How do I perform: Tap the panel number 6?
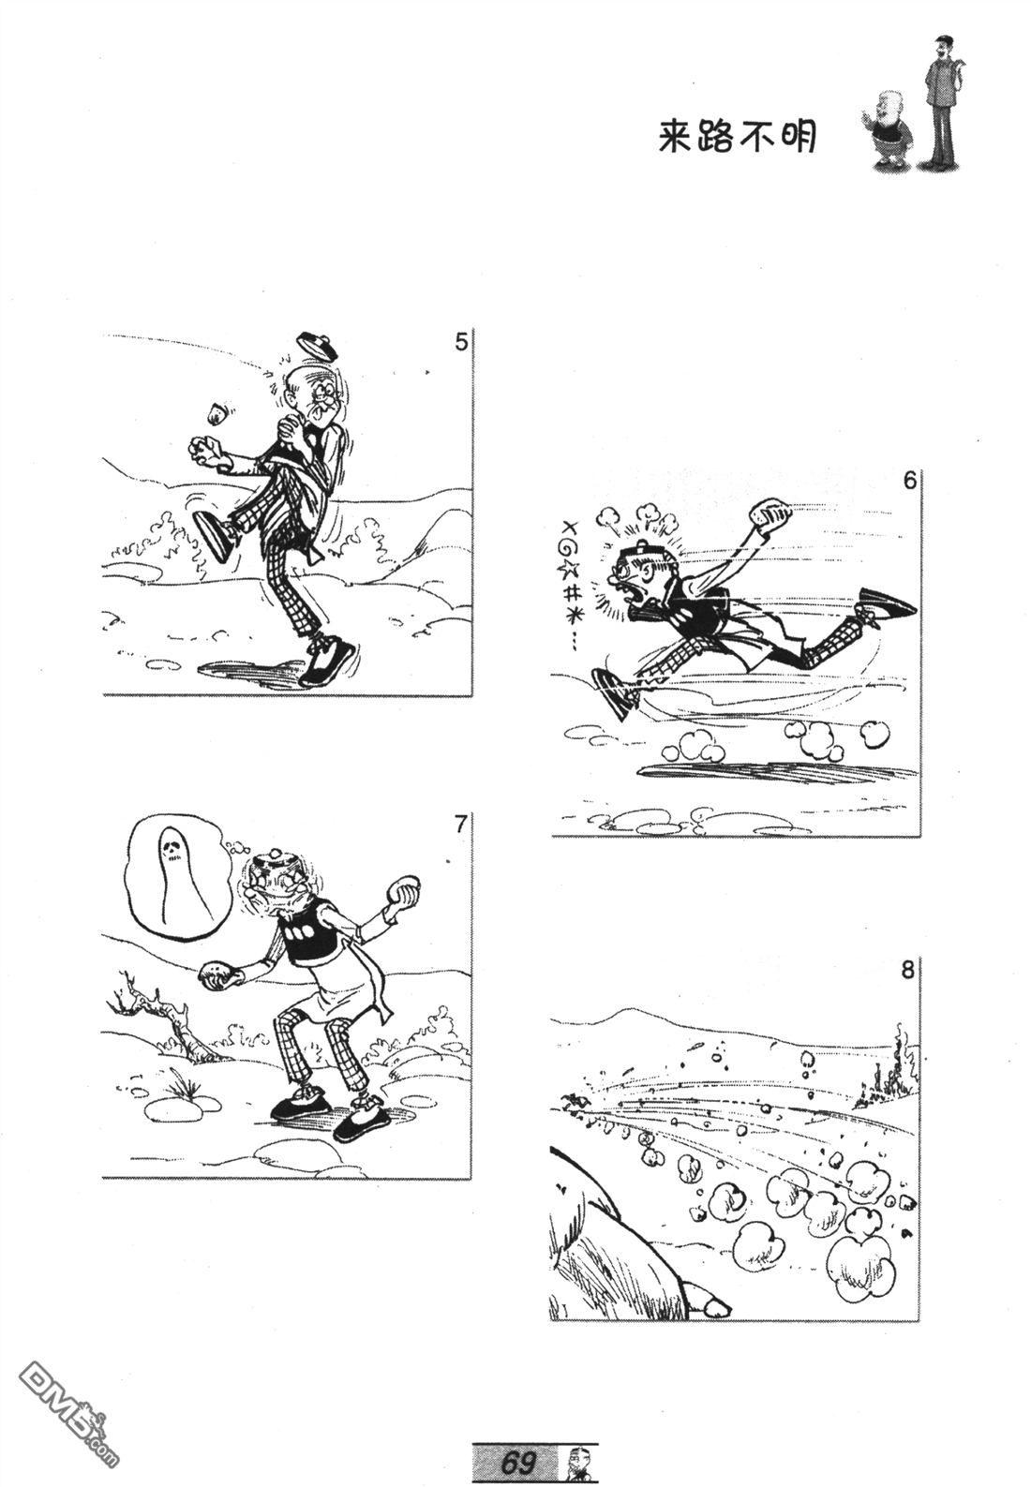coord(910,480)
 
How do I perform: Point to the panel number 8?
coord(907,971)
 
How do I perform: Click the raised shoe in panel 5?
coord(214,536)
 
